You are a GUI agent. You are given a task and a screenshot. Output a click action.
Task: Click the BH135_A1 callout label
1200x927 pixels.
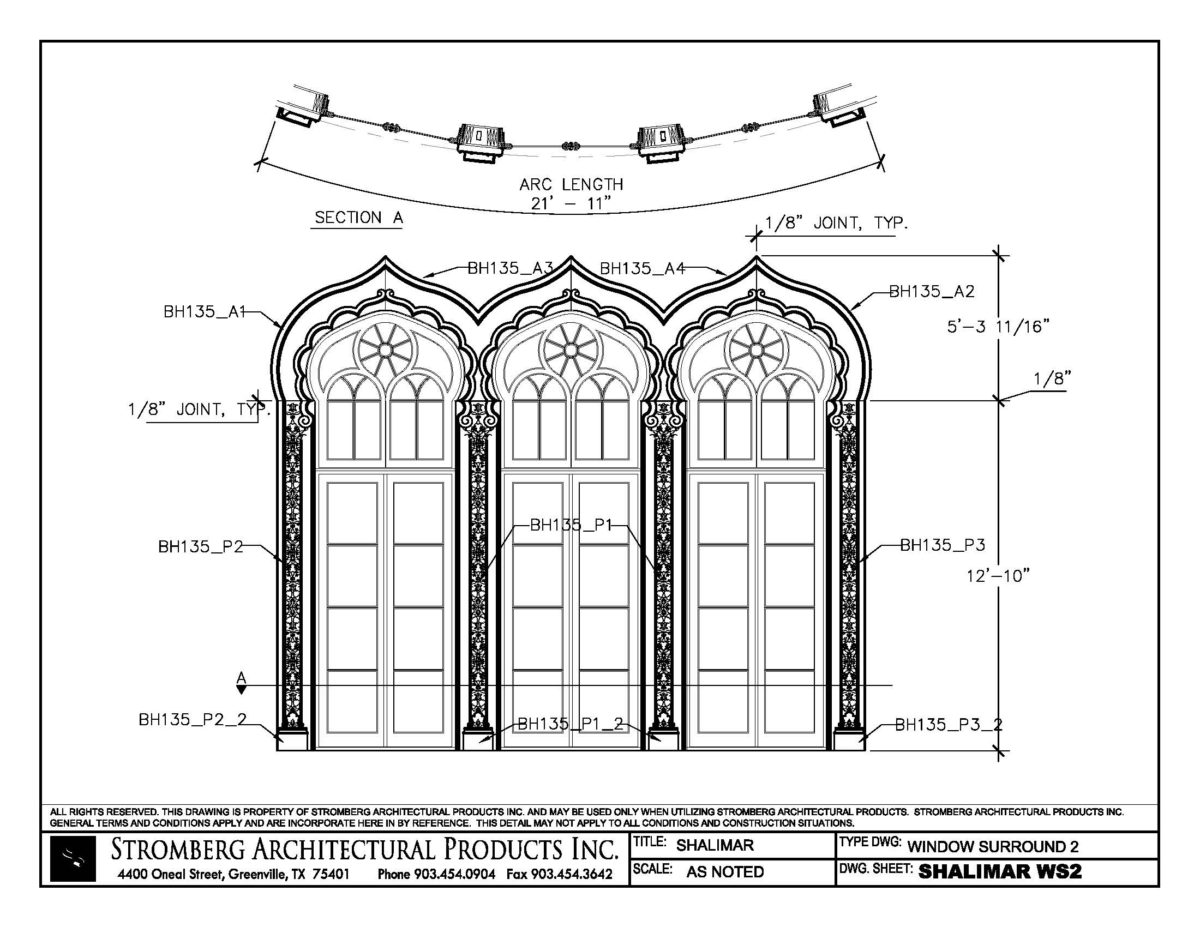(x=204, y=312)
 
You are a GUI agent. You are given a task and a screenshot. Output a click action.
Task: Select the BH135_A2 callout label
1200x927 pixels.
(x=931, y=292)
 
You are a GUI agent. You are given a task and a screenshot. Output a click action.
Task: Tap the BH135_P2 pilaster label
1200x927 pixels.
(x=201, y=547)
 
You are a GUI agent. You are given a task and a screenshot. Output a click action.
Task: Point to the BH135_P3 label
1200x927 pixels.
(x=943, y=545)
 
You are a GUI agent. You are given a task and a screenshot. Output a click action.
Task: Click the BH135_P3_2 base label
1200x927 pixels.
(x=949, y=725)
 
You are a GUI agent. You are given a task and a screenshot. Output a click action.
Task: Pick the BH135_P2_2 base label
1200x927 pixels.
(x=193, y=719)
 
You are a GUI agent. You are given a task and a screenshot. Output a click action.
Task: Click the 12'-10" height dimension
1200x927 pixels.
(x=997, y=576)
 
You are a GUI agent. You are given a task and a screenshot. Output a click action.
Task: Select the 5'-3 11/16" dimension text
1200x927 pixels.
(x=998, y=327)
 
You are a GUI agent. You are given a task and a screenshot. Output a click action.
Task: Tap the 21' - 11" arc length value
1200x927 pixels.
(x=571, y=204)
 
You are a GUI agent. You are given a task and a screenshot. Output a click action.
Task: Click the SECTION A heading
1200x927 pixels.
(x=359, y=218)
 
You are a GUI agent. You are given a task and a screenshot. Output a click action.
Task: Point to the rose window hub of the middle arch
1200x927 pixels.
(x=571, y=350)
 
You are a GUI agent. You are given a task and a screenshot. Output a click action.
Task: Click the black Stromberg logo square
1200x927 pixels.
(x=73, y=859)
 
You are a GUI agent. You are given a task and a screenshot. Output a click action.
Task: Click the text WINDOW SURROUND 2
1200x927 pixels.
(x=993, y=846)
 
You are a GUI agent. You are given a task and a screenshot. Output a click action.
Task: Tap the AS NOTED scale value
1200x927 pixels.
(x=725, y=872)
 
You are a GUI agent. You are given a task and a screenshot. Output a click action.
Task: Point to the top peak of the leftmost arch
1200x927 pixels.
(x=386, y=257)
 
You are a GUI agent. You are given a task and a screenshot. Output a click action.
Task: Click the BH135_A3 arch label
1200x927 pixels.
(x=509, y=268)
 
